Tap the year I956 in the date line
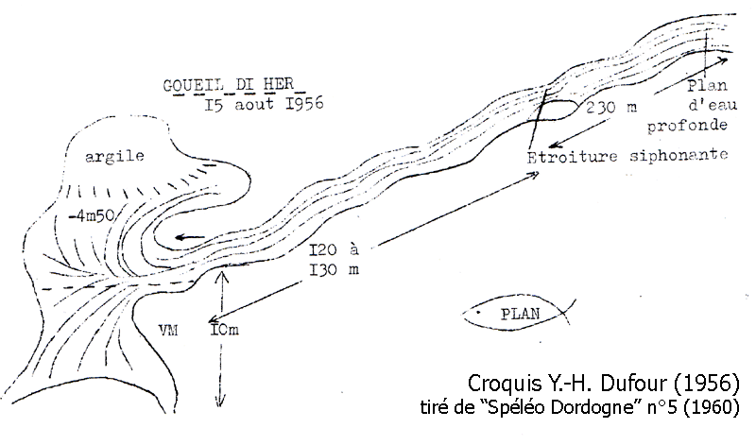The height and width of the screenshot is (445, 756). pyautogui.click(x=304, y=104)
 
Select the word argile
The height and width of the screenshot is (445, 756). pyautogui.click(x=114, y=157)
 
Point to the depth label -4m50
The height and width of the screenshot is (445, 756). pyautogui.click(x=92, y=216)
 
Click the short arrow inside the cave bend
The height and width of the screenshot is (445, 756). pyautogui.click(x=190, y=237)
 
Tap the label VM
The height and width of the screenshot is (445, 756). pyautogui.click(x=168, y=331)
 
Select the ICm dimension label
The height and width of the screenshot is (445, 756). pyautogui.click(x=225, y=331)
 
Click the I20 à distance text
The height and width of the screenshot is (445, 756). pyautogui.click(x=335, y=250)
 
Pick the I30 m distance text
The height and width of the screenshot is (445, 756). pyautogui.click(x=335, y=269)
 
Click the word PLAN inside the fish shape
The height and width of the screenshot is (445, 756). pyautogui.click(x=521, y=315)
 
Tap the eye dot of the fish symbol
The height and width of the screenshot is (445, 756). pyautogui.click(x=478, y=313)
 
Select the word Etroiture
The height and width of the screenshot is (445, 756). pyautogui.click(x=572, y=157)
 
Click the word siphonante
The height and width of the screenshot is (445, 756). pyautogui.click(x=679, y=155)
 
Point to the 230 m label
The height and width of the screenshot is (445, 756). pyautogui.click(x=611, y=108)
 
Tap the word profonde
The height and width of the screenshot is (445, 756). pyautogui.click(x=687, y=126)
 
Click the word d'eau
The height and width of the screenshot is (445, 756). pyautogui.click(x=713, y=105)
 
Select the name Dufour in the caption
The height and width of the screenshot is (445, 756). pyautogui.click(x=634, y=384)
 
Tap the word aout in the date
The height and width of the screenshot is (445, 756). pyautogui.click(x=254, y=105)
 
